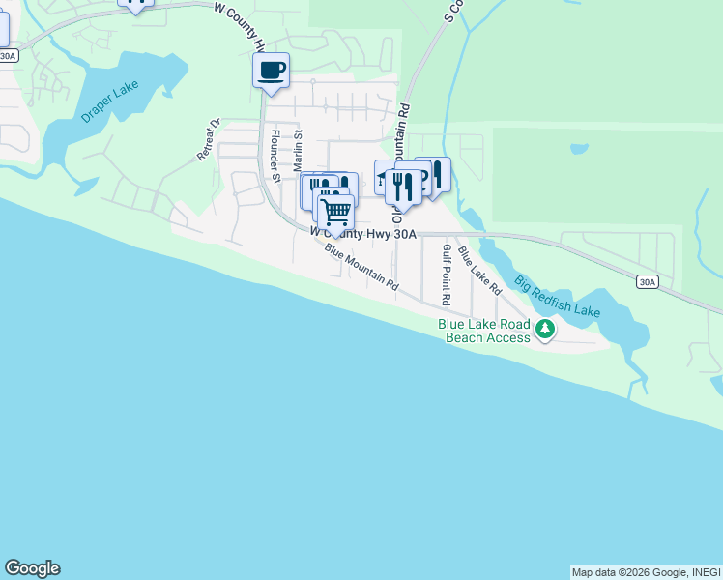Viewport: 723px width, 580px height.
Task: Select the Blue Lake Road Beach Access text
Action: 484,332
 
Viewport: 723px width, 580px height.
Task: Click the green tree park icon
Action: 546,331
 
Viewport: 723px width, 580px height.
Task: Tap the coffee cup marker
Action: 271,71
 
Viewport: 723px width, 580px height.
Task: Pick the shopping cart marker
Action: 335,211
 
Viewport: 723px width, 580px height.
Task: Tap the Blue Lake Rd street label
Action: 480,271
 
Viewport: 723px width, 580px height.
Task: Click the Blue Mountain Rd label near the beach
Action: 362,268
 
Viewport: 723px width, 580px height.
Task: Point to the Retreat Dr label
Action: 210,139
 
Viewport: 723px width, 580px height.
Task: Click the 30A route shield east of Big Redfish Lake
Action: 648,282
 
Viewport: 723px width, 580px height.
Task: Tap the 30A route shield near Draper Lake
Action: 7,56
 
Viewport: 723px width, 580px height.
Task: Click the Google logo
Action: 32,568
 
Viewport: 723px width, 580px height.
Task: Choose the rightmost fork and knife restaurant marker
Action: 436,175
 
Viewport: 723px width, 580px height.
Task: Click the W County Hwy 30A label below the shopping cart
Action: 363,233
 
